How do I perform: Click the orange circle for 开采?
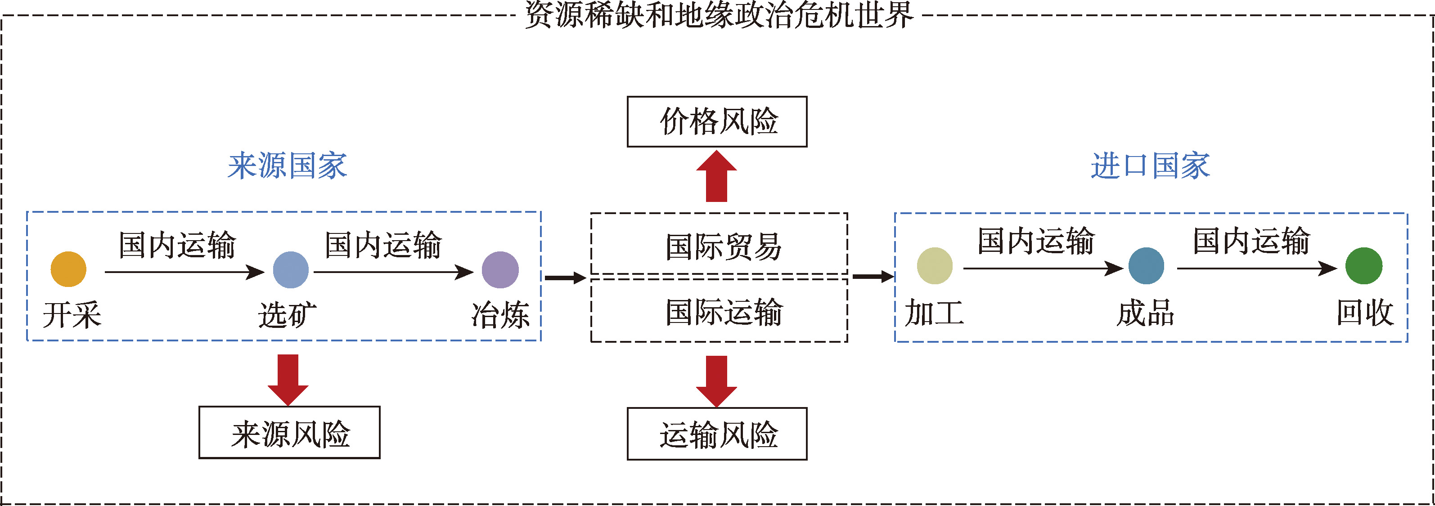[x=68, y=269]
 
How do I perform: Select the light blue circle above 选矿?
[x=291, y=270]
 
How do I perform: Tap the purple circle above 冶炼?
[x=500, y=270]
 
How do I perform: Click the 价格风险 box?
[x=717, y=122]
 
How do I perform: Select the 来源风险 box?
[x=290, y=433]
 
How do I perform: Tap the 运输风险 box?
[x=717, y=434]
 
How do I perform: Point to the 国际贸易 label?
[x=723, y=246]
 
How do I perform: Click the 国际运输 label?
[x=723, y=312]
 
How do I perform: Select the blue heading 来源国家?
[x=288, y=166]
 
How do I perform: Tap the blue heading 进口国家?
[x=1150, y=166]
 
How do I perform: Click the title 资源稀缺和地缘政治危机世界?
[x=719, y=14]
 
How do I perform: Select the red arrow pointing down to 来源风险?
[x=288, y=379]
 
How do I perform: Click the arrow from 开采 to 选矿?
[x=184, y=272]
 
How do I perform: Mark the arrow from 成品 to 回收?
[x=1256, y=269]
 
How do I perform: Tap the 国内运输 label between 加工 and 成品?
[x=1036, y=241]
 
